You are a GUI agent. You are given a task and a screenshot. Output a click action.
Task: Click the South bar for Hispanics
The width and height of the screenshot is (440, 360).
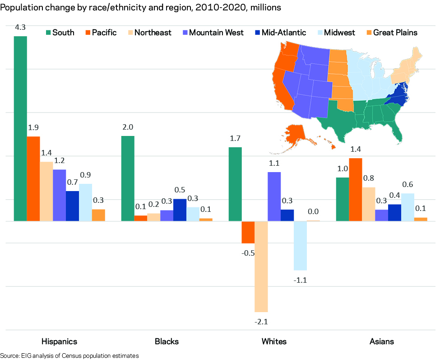(x=20, y=129)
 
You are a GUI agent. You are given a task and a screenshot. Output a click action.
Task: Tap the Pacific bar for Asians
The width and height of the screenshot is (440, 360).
(x=356, y=190)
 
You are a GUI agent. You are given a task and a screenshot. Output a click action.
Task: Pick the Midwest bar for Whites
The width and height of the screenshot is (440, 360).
(x=300, y=246)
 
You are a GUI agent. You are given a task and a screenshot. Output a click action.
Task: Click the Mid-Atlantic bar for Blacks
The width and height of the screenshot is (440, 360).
(x=180, y=210)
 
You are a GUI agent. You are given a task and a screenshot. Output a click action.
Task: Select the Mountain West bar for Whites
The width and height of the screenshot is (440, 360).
(x=274, y=196)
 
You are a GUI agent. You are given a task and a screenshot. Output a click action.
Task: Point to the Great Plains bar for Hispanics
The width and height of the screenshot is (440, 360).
(x=98, y=215)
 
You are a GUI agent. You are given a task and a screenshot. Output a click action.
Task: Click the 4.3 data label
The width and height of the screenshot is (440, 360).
(x=20, y=28)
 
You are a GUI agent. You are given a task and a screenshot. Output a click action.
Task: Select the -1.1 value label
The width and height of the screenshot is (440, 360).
(x=300, y=280)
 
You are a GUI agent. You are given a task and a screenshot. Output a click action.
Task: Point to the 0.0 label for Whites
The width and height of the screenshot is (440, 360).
(x=313, y=211)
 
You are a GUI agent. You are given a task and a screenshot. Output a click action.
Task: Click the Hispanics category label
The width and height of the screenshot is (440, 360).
(x=59, y=341)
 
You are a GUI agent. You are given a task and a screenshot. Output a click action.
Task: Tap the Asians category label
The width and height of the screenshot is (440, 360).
(x=381, y=341)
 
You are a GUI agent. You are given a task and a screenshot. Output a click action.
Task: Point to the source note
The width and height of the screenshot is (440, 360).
(x=69, y=355)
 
